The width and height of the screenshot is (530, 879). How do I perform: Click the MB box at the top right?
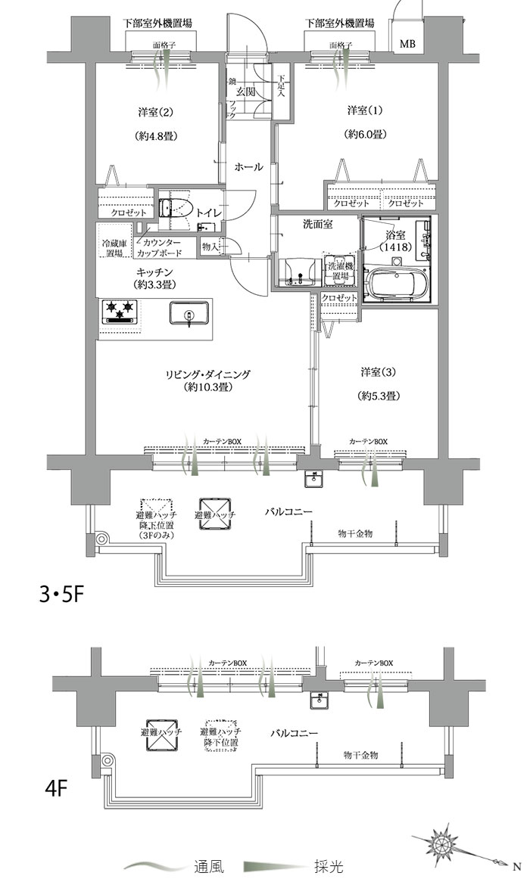coord(407,43)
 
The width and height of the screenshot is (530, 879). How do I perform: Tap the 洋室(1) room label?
coord(366,111)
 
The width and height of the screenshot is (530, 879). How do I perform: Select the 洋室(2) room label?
coord(157,113)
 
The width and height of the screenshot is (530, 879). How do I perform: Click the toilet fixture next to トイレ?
coord(176,209)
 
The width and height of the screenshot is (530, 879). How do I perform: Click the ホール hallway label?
coord(248,167)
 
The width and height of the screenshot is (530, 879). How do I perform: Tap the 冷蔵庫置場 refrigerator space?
coord(114,249)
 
